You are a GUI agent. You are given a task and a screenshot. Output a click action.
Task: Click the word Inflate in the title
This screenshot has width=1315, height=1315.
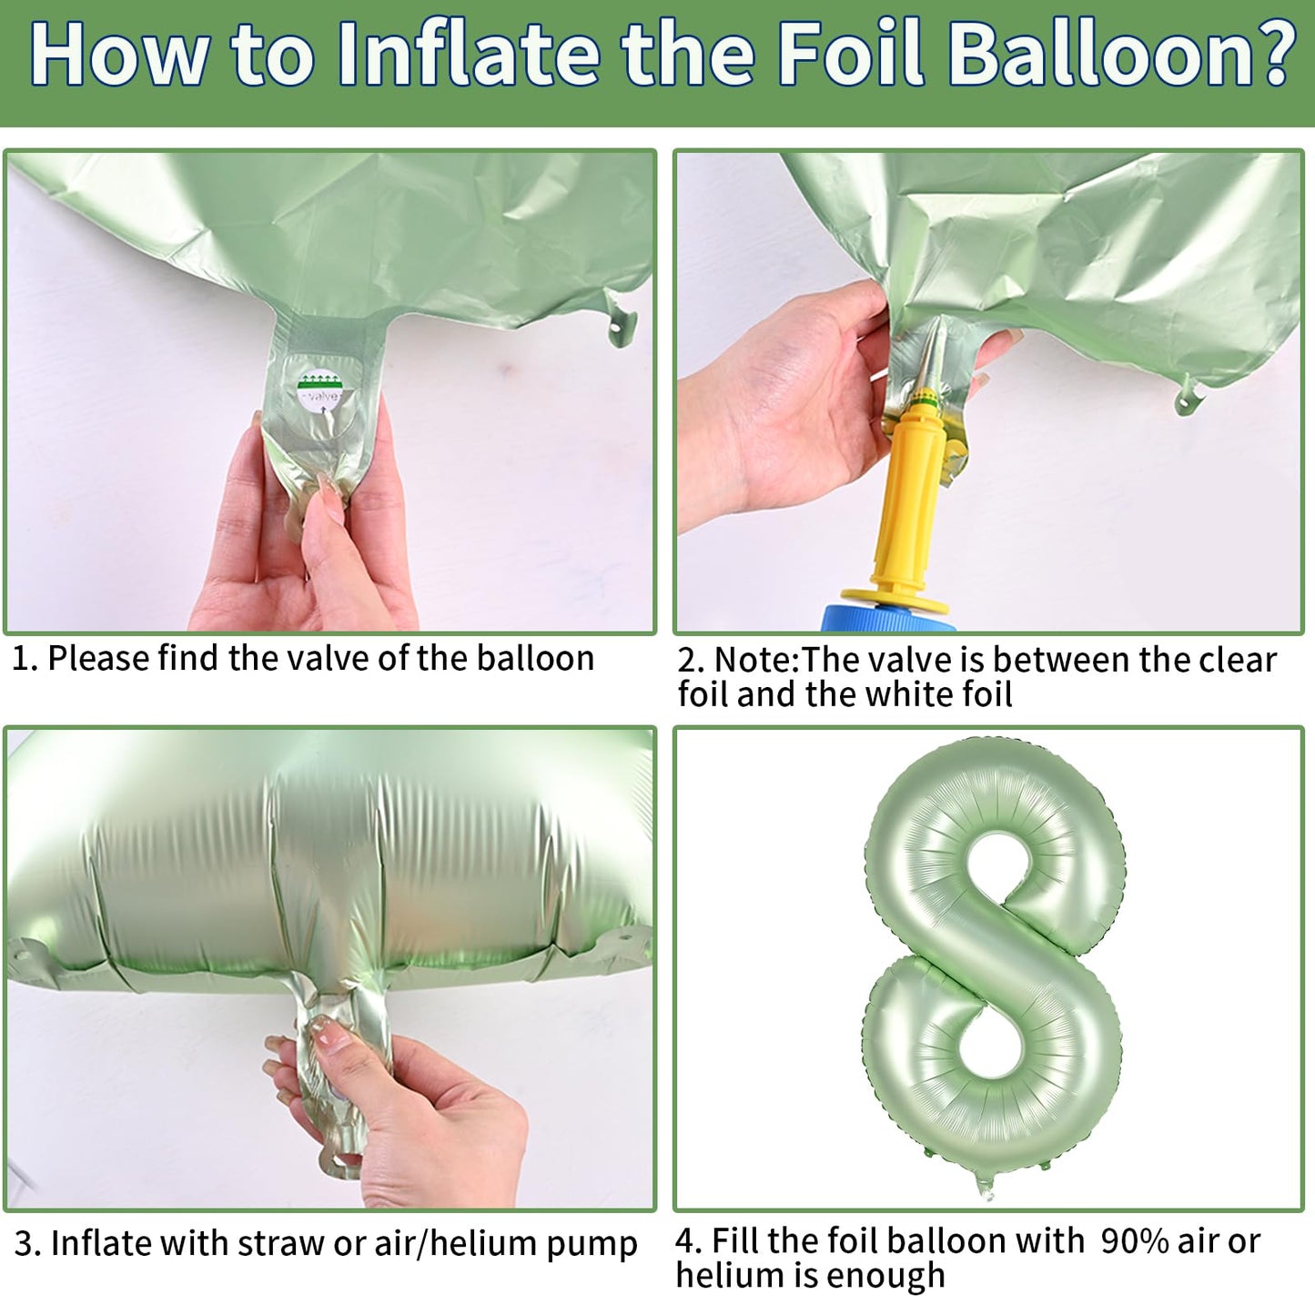pyautogui.click(x=468, y=55)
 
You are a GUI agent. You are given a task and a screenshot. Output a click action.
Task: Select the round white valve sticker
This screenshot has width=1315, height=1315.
pyautogui.click(x=319, y=391)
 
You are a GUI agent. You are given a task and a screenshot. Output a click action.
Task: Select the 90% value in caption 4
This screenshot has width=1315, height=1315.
pyautogui.click(x=1135, y=1241)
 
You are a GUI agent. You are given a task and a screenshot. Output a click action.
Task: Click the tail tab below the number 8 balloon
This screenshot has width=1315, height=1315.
pyautogui.click(x=985, y=1187)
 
